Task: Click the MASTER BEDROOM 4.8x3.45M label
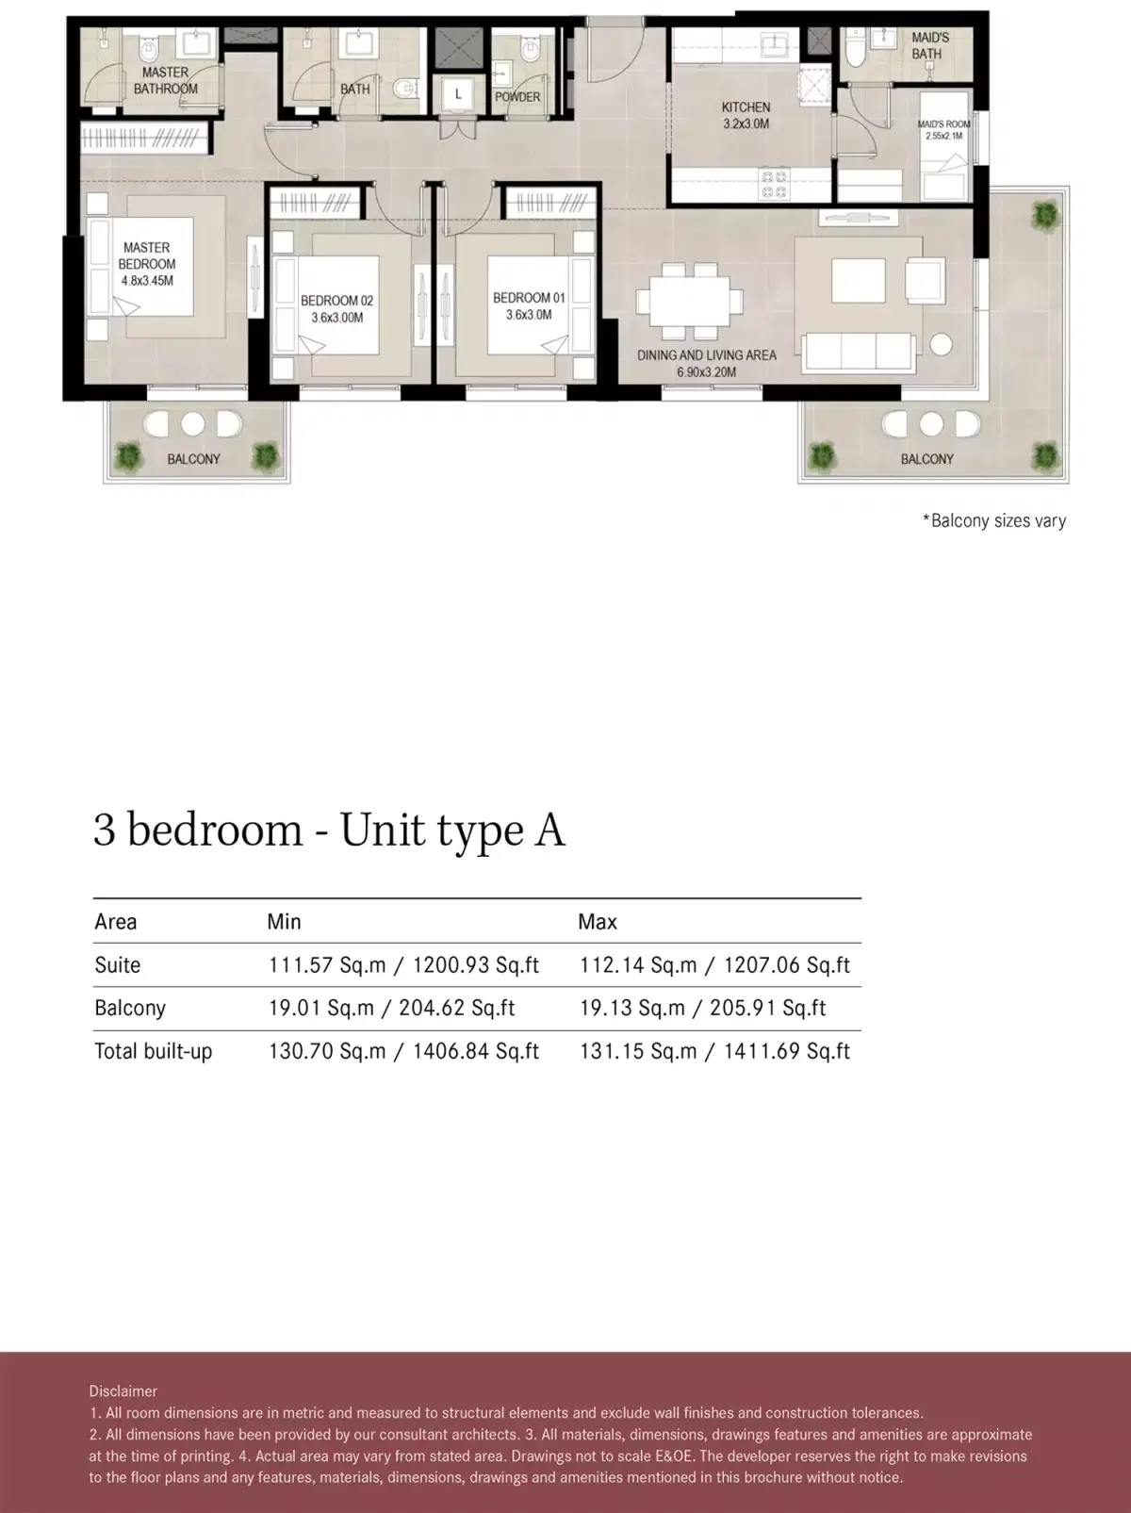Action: point(147,264)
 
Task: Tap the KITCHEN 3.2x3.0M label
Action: point(746,115)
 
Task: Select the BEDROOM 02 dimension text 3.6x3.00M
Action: point(337,318)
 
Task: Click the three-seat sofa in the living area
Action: point(857,353)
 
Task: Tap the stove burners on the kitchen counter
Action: point(774,184)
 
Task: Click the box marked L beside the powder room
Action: point(458,94)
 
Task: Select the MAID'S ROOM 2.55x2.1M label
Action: point(943,129)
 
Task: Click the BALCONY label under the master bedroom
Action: point(193,459)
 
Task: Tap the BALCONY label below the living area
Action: point(926,459)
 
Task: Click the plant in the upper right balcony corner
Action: point(1044,216)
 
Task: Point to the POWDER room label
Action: point(517,97)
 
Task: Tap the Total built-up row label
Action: point(153,1051)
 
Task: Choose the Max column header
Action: point(598,922)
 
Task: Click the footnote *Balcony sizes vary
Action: point(993,520)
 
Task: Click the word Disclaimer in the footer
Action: point(123,1391)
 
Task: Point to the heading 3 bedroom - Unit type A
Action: point(329,831)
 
